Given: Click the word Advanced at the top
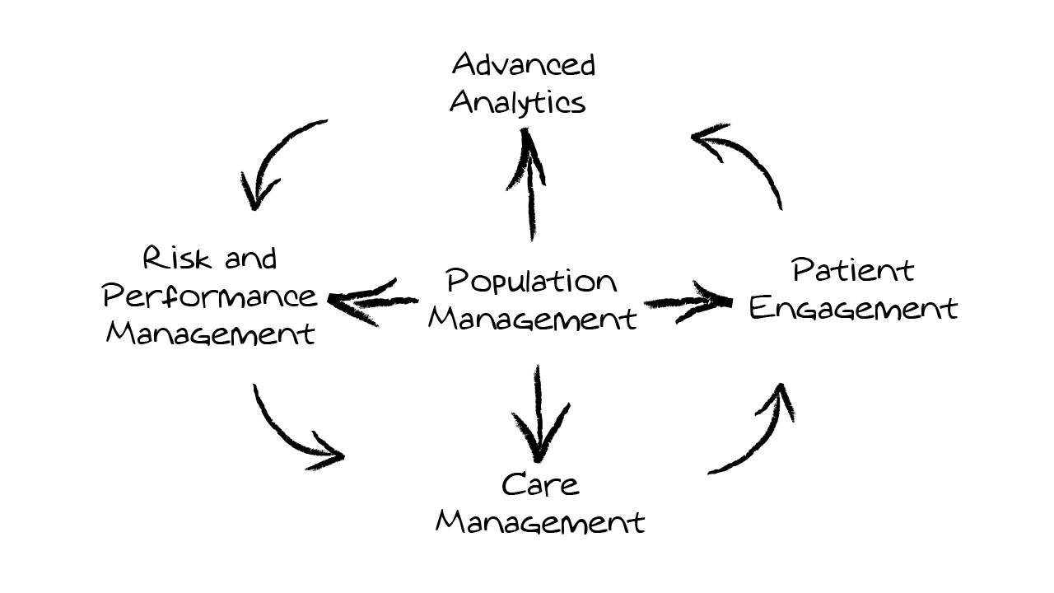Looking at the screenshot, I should click(523, 65).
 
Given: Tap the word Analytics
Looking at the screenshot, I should click(518, 103).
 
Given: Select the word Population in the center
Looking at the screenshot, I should click(531, 282).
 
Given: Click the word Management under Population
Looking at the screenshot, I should click(532, 318).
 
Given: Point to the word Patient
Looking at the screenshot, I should click(852, 270).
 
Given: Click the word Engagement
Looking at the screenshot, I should click(853, 308).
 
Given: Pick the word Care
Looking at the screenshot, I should click(540, 484).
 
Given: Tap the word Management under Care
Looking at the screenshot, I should click(539, 522).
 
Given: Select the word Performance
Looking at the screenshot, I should click(210, 296).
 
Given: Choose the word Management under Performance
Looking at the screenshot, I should click(210, 334).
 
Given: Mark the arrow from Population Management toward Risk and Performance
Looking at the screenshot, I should click(371, 301).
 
